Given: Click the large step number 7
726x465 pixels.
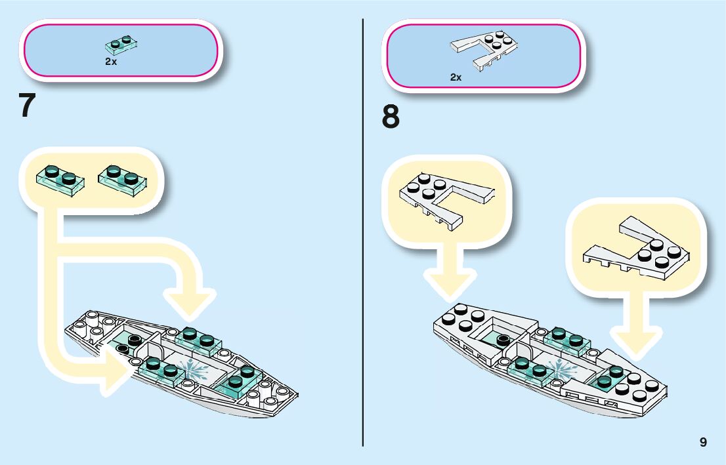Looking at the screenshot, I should click(x=27, y=106).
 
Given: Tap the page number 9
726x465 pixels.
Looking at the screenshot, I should click(x=703, y=442).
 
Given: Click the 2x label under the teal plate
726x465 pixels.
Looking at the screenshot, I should click(x=111, y=62).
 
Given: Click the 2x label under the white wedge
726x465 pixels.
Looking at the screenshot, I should click(x=456, y=77).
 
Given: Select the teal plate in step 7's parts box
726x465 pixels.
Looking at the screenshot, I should click(x=121, y=45).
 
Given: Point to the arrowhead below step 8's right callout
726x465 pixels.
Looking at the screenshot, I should click(x=636, y=341).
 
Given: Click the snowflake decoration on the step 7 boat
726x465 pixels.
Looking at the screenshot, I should click(x=196, y=371).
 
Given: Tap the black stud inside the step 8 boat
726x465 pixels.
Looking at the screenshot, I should click(x=503, y=340).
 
